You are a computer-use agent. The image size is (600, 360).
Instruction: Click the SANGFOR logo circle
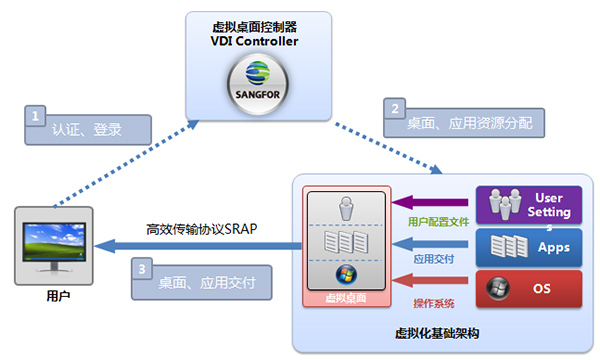point(258,84)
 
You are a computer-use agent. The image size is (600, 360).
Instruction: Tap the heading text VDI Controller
point(254,41)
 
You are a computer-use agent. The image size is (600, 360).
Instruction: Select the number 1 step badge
point(35,116)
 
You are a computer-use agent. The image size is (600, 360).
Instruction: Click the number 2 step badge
point(395,109)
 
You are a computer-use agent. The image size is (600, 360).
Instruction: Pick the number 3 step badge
point(142,269)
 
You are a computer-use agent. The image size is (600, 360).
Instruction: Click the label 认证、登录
point(87,130)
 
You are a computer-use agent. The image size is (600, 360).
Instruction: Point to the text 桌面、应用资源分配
point(470,123)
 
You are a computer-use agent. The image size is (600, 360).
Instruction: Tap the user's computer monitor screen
point(54,242)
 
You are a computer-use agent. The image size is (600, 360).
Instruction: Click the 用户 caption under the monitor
point(58,296)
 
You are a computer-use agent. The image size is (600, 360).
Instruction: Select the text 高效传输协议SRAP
point(202,229)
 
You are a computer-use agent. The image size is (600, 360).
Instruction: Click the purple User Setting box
point(529,205)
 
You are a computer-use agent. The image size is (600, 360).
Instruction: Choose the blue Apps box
point(529,248)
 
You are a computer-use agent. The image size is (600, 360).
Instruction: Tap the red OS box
point(529,289)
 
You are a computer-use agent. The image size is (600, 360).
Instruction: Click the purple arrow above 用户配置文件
point(430,202)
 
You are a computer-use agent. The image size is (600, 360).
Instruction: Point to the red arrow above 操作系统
point(430,281)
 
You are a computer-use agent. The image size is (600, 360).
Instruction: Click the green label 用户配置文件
point(439,222)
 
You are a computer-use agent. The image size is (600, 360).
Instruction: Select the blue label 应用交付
point(434,259)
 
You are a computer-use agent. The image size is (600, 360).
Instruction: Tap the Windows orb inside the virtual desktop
point(346,275)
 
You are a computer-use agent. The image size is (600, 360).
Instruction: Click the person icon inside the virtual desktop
point(346,208)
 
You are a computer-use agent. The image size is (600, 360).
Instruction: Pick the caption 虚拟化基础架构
point(437,333)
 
